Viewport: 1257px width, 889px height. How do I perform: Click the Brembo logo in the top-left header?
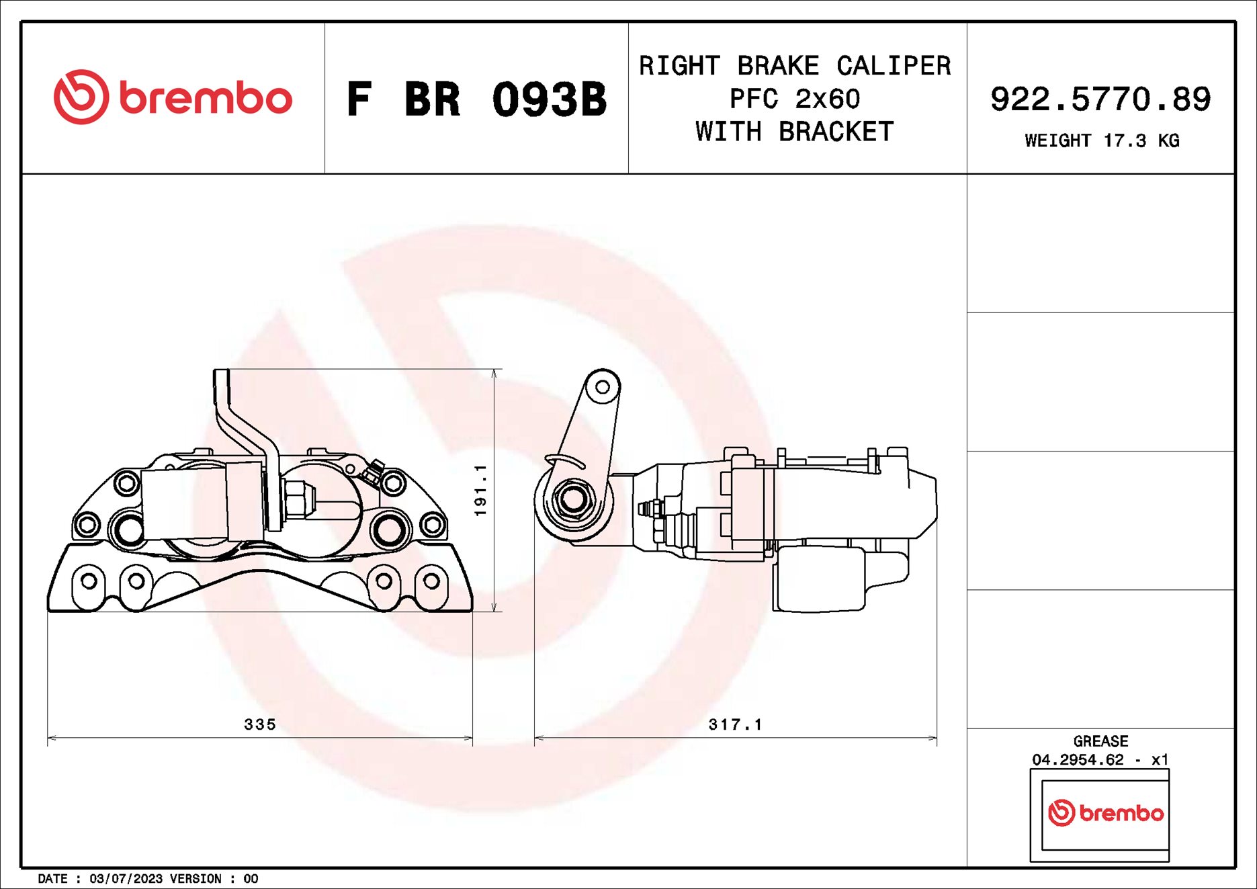[x=173, y=97]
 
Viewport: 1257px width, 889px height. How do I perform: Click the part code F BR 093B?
[x=476, y=99]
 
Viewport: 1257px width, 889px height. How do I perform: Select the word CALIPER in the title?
[x=893, y=66]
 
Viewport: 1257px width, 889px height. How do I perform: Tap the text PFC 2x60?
[x=795, y=99]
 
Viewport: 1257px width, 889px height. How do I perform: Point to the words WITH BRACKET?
[x=795, y=132]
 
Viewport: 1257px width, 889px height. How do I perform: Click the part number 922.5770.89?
[x=1100, y=99]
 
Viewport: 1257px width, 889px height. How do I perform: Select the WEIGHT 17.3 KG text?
[x=1102, y=140]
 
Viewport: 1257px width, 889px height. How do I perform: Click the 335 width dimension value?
[x=260, y=724]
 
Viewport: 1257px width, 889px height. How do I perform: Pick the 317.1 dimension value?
[x=736, y=724]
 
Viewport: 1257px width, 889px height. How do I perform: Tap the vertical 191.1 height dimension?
[x=480, y=491]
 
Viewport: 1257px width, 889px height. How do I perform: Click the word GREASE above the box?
[x=1100, y=741]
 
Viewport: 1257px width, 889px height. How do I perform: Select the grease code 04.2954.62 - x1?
[x=1100, y=759]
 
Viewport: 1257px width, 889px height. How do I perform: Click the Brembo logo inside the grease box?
[x=1106, y=813]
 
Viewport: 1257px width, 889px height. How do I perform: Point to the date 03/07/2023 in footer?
[x=126, y=879]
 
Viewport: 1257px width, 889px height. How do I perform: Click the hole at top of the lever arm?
[x=603, y=387]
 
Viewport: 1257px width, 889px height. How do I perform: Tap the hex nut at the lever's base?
[x=572, y=499]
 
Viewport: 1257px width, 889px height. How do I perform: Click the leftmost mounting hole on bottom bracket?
[x=89, y=581]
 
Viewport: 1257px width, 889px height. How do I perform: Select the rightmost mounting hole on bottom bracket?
[x=431, y=581]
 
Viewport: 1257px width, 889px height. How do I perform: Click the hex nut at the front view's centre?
[x=296, y=501]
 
